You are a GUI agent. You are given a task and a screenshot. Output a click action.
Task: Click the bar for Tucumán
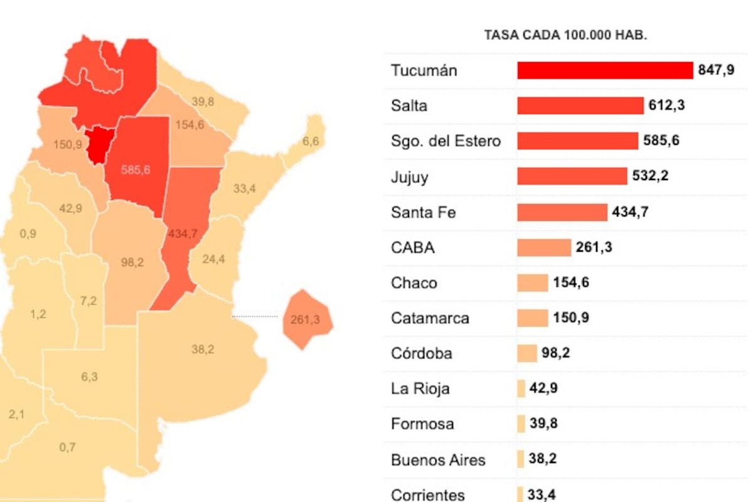604,70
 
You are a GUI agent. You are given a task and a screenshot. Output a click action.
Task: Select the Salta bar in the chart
580,105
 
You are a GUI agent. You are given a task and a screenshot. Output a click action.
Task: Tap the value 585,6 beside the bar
661,141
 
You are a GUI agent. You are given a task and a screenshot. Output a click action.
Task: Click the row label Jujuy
409,177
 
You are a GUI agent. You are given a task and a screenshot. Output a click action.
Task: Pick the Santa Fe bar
562,212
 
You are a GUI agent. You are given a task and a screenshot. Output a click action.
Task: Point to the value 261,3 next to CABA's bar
594,248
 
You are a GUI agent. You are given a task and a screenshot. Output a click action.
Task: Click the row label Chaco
414,283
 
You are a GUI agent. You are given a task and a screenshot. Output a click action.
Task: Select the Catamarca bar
532,318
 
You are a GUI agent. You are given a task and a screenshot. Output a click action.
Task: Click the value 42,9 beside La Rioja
543,388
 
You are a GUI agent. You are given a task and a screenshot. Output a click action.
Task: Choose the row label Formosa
422,424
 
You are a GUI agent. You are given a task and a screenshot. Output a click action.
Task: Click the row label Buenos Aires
438,460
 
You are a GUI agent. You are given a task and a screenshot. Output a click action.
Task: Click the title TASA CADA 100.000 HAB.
565,35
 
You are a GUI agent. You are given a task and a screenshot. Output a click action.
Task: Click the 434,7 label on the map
183,233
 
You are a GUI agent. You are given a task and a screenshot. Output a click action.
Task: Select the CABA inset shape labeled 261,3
306,319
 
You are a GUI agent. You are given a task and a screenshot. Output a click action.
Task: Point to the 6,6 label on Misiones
311,141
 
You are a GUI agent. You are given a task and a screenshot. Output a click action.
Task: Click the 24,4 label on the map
213,259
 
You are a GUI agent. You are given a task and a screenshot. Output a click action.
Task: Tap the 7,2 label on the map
88,301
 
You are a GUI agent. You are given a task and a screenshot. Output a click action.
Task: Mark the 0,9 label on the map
28,233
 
